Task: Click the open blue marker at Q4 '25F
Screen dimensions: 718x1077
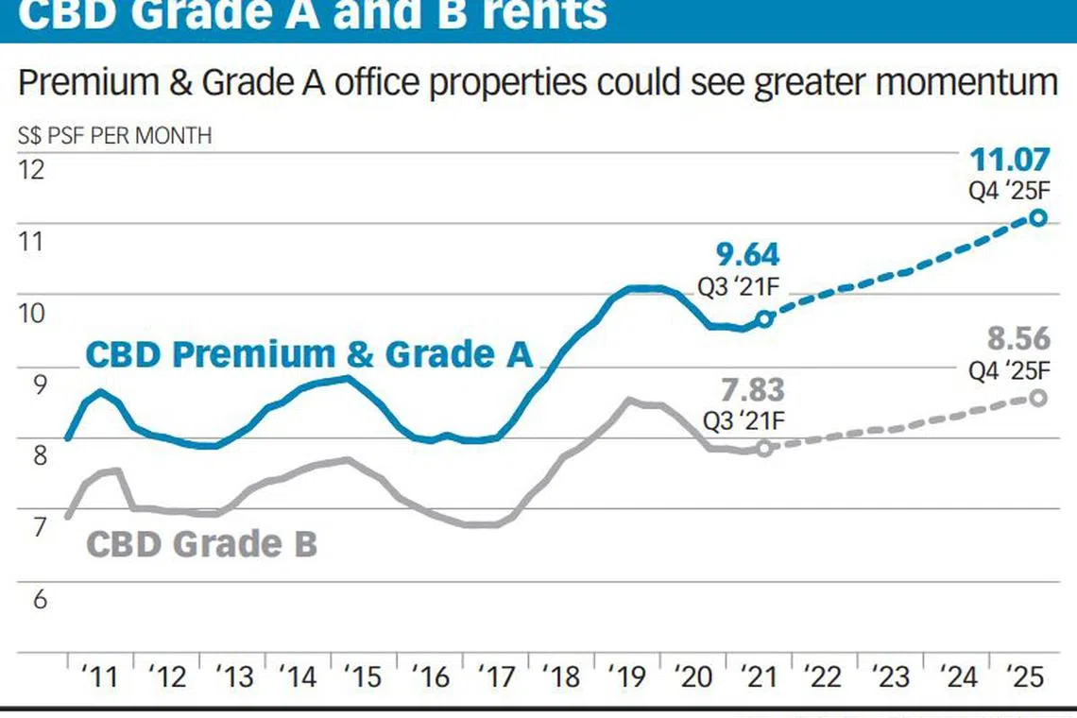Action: click(1038, 217)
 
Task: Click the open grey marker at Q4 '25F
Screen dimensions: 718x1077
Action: click(1038, 398)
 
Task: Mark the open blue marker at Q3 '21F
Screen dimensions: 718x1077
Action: click(765, 318)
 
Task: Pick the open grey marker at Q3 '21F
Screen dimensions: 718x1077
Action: click(764, 448)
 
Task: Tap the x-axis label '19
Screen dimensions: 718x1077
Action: click(629, 676)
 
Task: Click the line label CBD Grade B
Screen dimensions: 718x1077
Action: click(201, 544)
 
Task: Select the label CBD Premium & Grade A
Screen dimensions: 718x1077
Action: click(309, 354)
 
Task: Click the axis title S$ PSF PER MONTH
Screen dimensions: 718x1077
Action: click(115, 135)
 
